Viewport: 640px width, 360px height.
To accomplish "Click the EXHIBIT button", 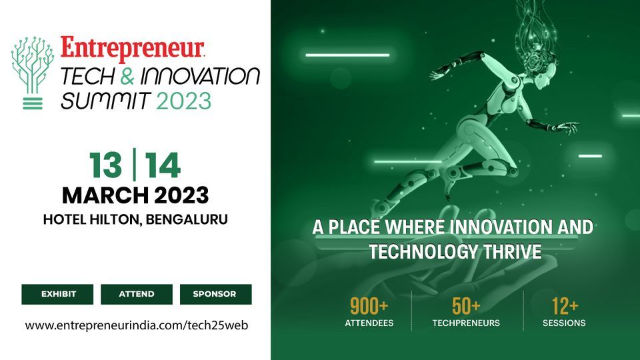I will [58, 294].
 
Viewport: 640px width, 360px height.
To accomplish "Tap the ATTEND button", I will [136, 294].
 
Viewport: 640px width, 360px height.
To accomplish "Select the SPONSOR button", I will [215, 294].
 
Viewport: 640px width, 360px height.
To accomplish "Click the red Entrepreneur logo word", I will [132, 48].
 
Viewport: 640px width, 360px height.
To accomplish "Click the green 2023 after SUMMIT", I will [184, 101].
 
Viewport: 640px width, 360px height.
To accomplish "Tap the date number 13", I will [107, 166].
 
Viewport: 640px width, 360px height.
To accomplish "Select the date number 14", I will [163, 166].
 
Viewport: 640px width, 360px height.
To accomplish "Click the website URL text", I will [136, 325].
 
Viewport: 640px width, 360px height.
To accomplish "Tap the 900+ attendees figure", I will [369, 306].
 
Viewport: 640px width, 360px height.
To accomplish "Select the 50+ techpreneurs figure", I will [466, 306].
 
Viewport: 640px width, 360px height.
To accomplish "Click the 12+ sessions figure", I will [564, 306].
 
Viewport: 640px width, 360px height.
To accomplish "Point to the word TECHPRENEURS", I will [466, 323].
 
